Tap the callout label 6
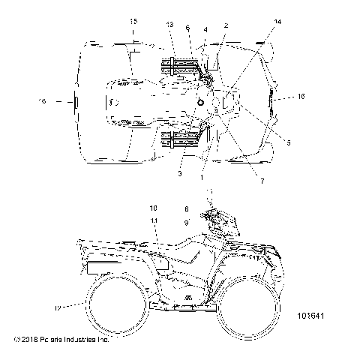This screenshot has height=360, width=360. click(x=188, y=27)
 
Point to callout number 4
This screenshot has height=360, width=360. click(x=205, y=29)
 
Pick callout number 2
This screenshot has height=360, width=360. click(x=226, y=25)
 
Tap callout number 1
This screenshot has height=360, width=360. click(x=202, y=177)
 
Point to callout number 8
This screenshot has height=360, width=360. click(x=186, y=208)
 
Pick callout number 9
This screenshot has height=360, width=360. click(x=186, y=223)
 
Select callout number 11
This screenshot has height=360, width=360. click(x=154, y=220)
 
